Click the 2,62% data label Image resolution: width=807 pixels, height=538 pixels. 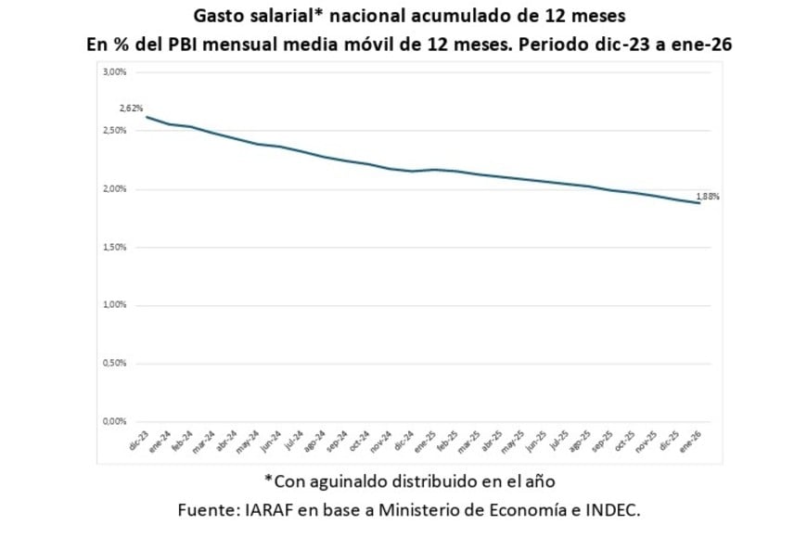click(131, 108)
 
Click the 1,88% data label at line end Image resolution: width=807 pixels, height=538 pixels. click(708, 197)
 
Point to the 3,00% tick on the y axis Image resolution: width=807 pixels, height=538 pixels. click(114, 72)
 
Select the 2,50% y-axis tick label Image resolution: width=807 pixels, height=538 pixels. click(114, 131)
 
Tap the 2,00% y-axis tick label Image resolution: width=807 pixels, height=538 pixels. click(114, 189)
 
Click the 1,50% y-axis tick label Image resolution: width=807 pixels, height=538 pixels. click(114, 248)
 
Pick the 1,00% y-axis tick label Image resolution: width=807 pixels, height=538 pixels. click(114, 305)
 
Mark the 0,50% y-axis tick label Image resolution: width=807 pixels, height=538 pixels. click(114, 364)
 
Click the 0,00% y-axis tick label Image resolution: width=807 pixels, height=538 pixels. click(114, 422)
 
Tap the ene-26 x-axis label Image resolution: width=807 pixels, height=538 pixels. click(691, 441)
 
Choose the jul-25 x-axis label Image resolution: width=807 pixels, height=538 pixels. click(558, 441)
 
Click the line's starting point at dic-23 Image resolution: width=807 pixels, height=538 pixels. click(146, 117)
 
